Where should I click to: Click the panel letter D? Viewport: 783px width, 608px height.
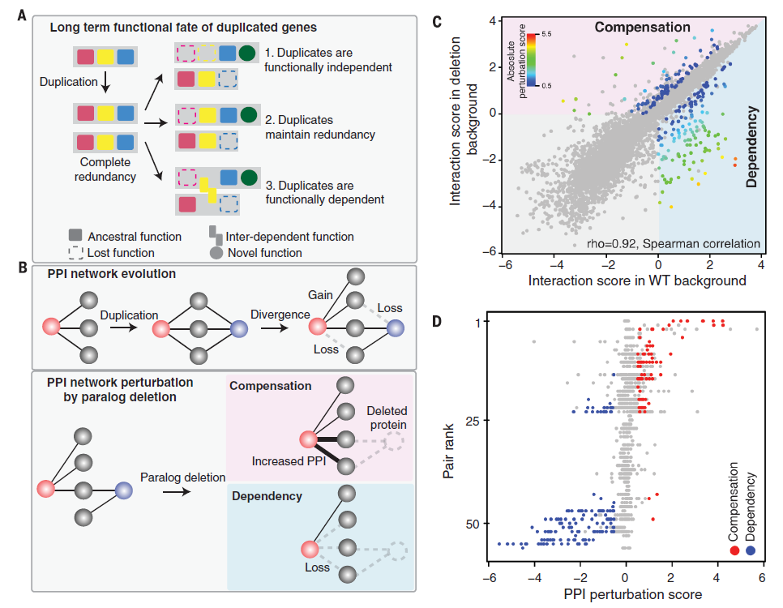tap(438, 320)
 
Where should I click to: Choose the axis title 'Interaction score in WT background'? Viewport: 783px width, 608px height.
tap(636, 280)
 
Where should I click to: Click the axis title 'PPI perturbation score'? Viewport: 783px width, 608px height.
tap(624, 594)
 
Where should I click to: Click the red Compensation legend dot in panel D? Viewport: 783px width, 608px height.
tap(735, 550)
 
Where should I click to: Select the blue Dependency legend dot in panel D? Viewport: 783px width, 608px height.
tap(751, 550)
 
